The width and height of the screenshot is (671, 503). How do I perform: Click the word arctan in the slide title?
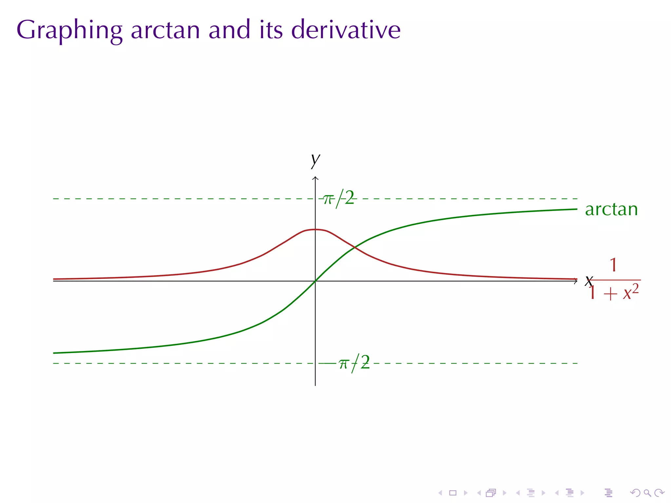click(165, 30)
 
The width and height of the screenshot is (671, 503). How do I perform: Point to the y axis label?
click(315, 160)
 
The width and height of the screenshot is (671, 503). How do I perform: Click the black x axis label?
click(588, 281)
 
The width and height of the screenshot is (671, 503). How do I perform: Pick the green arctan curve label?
click(611, 209)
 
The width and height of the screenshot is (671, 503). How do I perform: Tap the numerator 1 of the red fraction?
click(613, 265)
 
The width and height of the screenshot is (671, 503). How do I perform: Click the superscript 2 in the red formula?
click(635, 288)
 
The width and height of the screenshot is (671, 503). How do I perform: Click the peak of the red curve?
click(315, 229)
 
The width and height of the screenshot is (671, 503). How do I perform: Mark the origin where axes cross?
click(315, 281)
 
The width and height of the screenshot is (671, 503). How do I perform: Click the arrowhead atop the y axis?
click(315, 178)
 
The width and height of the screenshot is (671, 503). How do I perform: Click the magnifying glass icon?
click(647, 493)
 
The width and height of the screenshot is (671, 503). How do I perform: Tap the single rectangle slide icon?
click(453, 493)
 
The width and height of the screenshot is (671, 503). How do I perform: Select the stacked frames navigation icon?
click(491, 493)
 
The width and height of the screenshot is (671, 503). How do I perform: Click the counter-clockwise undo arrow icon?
click(635, 493)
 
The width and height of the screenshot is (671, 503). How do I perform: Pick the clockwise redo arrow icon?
click(659, 493)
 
